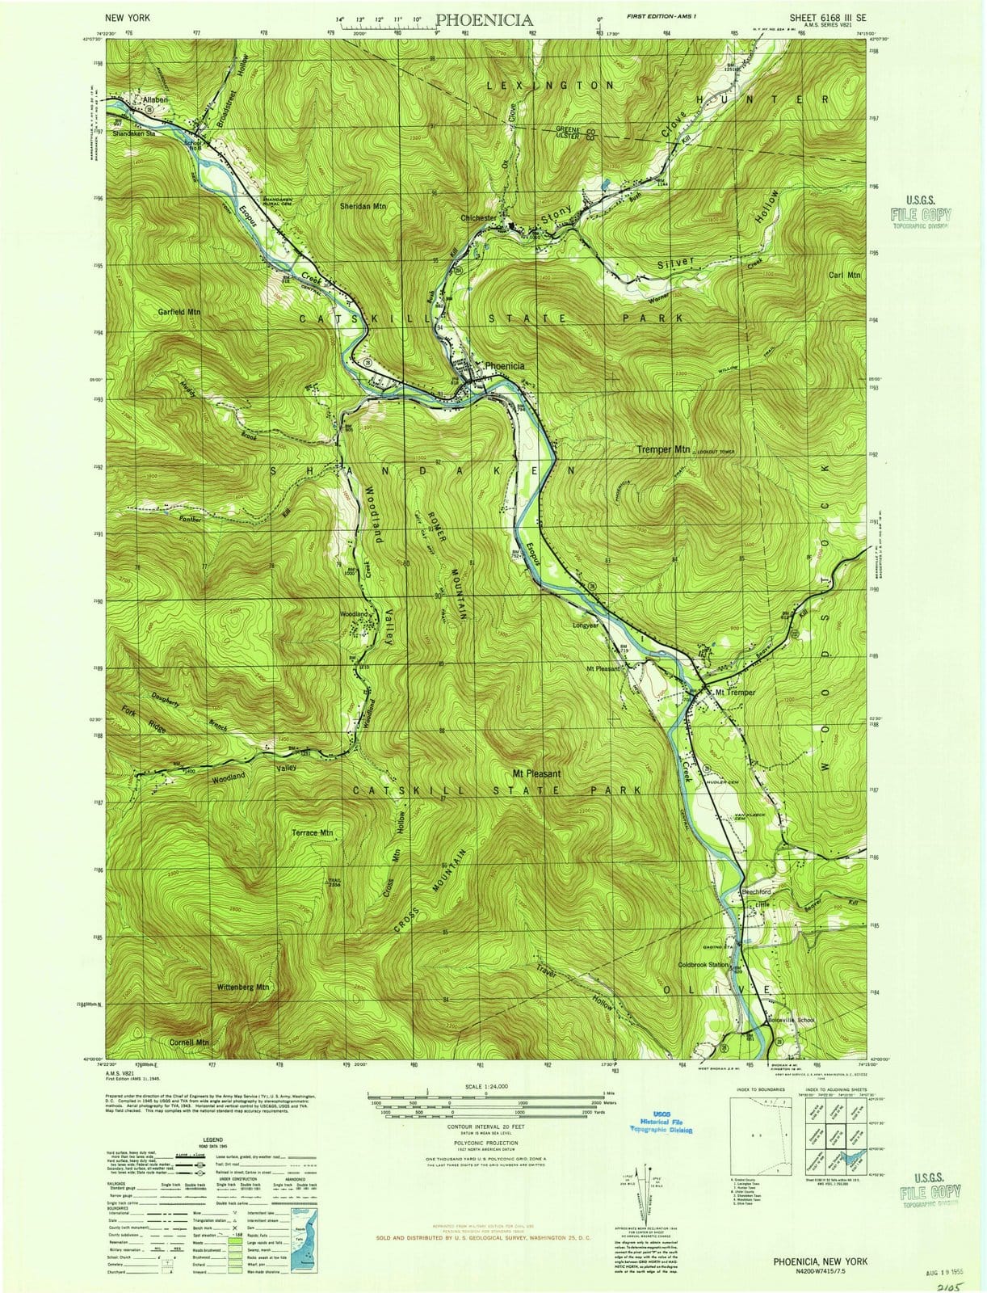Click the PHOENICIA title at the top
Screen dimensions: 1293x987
[x=484, y=20]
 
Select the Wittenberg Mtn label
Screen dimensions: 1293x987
[x=244, y=988]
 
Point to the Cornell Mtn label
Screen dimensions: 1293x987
[x=190, y=1042]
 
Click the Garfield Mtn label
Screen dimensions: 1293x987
[x=179, y=311]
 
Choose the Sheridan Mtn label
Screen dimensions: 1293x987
[x=363, y=206]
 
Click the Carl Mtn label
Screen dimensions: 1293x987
[x=846, y=275]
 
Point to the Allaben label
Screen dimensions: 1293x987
[x=155, y=99]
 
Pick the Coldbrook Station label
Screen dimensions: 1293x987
[x=703, y=965]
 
